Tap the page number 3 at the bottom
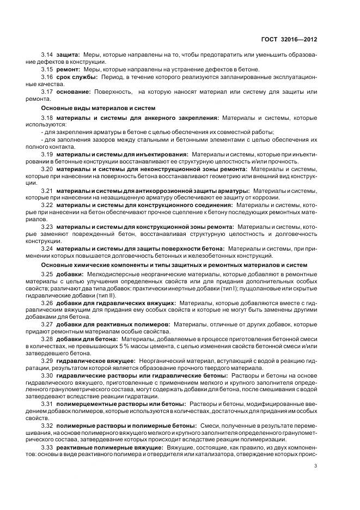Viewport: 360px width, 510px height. click(x=316, y=466)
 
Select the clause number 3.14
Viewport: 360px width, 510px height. click(x=47, y=55)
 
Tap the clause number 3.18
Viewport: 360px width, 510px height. click(x=47, y=118)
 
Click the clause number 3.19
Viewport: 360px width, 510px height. click(x=47, y=154)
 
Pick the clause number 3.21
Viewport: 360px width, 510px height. click(x=47, y=191)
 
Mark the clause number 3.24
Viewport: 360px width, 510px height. click(x=47, y=248)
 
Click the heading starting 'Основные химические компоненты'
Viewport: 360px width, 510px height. click(x=174, y=265)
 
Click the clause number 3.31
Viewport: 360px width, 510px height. click(x=47, y=404)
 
